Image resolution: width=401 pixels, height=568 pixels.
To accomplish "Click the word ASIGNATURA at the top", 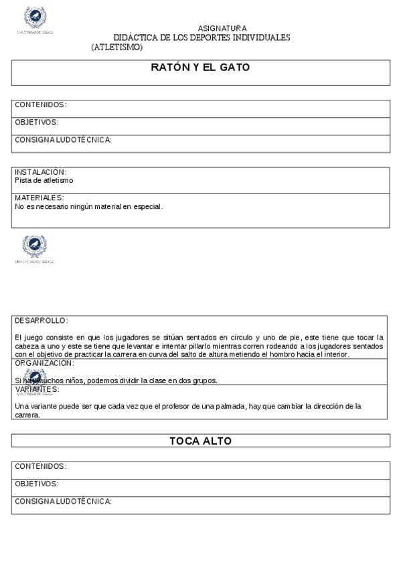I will pos(222,28).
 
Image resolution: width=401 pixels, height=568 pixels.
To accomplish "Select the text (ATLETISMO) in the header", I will pos(117,47).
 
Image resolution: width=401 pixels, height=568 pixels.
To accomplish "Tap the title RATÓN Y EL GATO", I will pos(200,67).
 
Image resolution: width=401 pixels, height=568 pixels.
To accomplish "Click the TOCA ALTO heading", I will pos(200,441).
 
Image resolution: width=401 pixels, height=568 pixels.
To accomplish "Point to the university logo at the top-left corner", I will pos(35,19).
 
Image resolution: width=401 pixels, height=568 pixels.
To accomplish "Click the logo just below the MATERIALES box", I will pos(34,248).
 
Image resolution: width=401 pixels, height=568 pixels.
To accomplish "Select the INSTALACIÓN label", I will pos(40,172).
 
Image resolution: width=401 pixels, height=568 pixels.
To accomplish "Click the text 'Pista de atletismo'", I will pos(44,180).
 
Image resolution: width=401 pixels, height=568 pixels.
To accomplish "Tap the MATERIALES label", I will pos(39,198).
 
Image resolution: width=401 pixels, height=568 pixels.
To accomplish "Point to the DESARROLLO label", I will pos(41,320).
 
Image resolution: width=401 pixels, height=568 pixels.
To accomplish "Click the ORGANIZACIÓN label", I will pos(44,363).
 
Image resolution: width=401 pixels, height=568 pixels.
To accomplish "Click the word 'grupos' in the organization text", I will pos(205,380).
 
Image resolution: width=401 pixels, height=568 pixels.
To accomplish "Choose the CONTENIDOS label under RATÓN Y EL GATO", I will pos(40,105).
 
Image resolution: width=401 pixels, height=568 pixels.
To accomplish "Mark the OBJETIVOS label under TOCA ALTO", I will pos(37,484).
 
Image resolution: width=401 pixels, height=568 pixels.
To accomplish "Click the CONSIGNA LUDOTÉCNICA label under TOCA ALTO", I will pos(63,501).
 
